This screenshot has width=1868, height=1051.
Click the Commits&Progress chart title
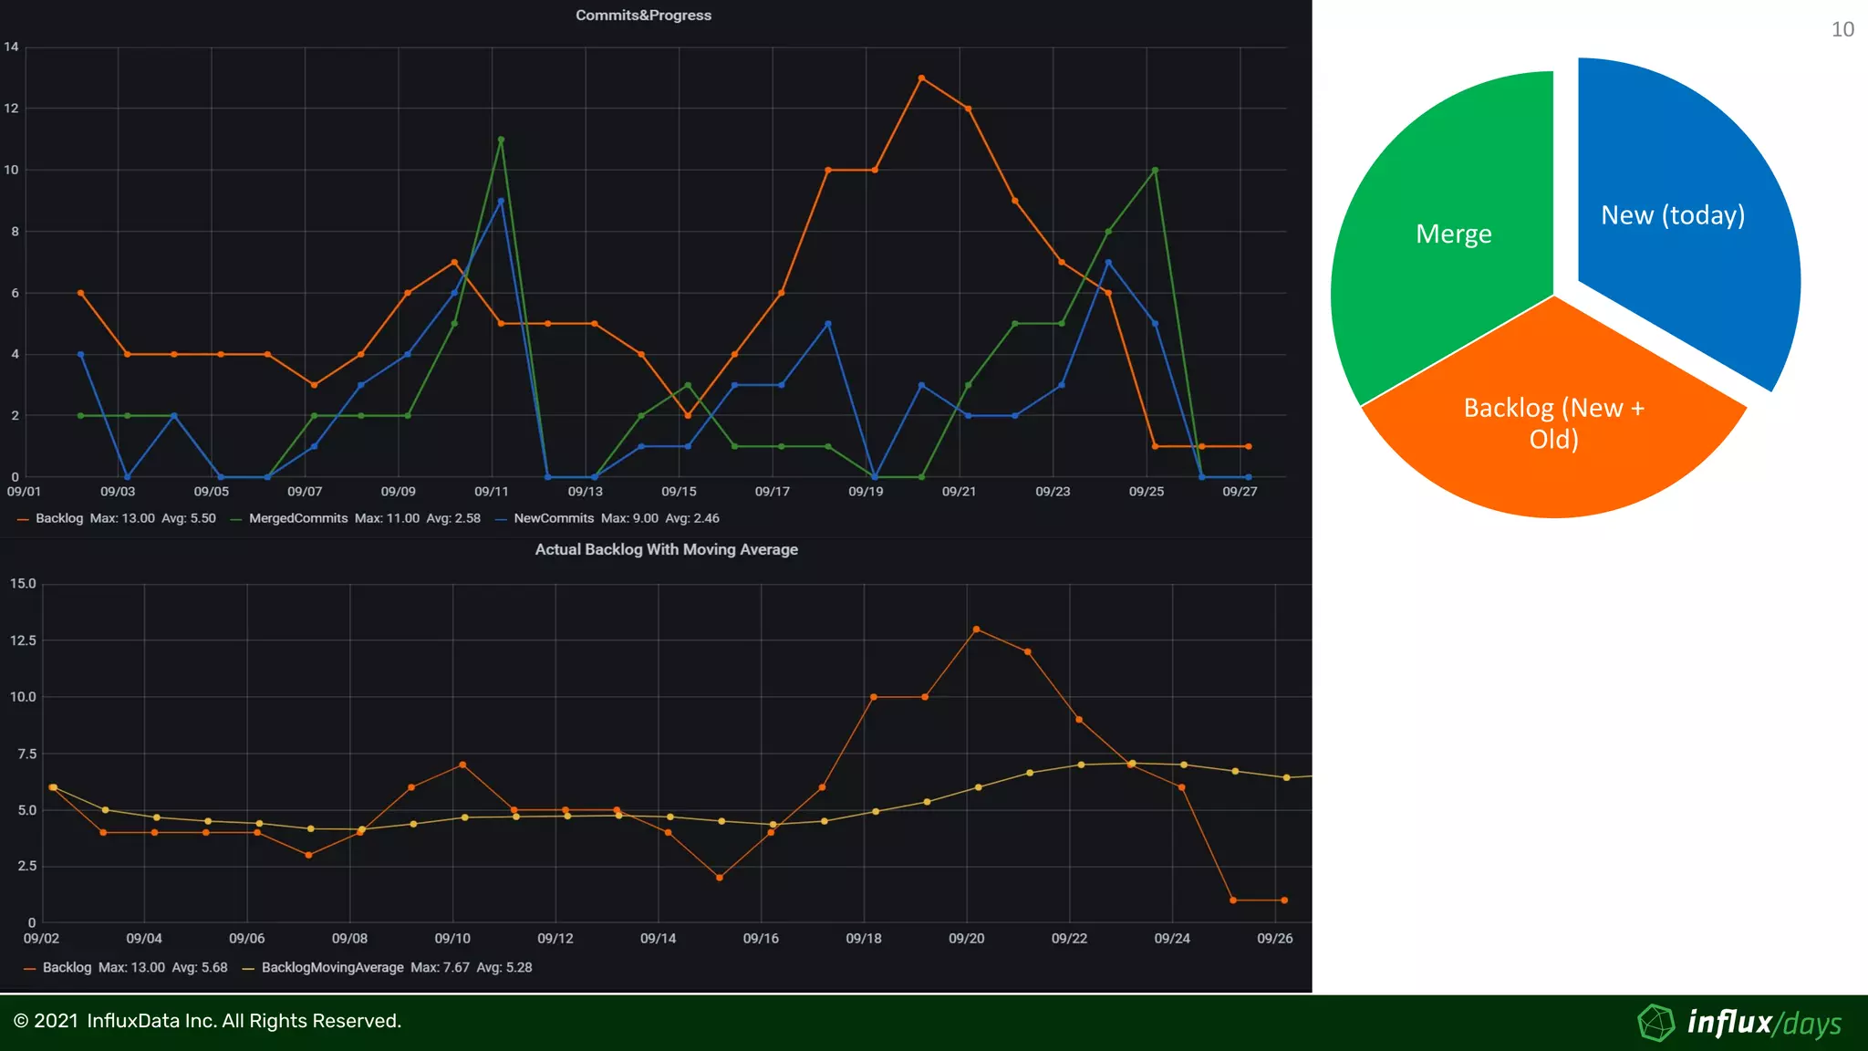pos(643,16)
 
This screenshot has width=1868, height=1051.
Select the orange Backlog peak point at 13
pos(921,78)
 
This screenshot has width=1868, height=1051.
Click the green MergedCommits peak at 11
pos(501,140)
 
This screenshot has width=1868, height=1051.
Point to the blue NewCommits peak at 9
pos(501,201)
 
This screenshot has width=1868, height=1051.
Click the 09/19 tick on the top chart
pos(866,492)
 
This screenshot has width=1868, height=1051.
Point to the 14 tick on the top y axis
pos(11,47)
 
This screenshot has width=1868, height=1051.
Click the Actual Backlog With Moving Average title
pos(666,549)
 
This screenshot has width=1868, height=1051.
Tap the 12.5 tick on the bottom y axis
pos(23,640)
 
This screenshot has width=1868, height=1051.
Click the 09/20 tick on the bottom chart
pos(966,939)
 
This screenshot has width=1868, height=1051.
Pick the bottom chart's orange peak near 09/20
pos(976,630)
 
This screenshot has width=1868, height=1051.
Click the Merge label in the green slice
pos(1453,234)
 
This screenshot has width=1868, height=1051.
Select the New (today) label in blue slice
pos(1672,215)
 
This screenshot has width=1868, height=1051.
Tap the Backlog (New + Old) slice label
pos(1553,423)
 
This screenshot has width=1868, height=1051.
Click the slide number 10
pos(1842,30)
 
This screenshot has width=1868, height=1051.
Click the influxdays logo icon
pos(1655,1023)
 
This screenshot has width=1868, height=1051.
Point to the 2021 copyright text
pos(207,1021)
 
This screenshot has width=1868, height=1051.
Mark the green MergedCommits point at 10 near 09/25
pos(1155,171)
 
